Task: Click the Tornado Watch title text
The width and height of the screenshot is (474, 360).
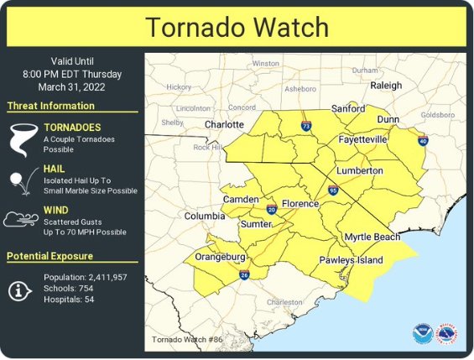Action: [x=237, y=27]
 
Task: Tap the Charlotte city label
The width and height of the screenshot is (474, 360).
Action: [x=224, y=124]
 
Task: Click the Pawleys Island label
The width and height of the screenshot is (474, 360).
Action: [x=351, y=260]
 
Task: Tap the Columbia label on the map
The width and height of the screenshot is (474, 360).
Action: [x=205, y=216]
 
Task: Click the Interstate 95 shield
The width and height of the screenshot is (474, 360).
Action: [x=333, y=191]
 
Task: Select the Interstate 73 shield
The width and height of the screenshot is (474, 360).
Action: [x=306, y=126]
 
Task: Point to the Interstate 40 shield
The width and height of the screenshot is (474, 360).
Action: [x=423, y=142]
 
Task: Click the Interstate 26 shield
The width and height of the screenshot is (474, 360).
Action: [x=243, y=274]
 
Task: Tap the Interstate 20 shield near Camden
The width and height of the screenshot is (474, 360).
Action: [x=271, y=209]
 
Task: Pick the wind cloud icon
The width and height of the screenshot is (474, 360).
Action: [x=21, y=220]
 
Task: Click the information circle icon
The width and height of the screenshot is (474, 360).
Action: [x=20, y=290]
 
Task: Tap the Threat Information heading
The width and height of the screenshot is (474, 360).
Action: [x=50, y=106]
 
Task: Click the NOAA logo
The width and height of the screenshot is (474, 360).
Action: [x=422, y=334]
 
